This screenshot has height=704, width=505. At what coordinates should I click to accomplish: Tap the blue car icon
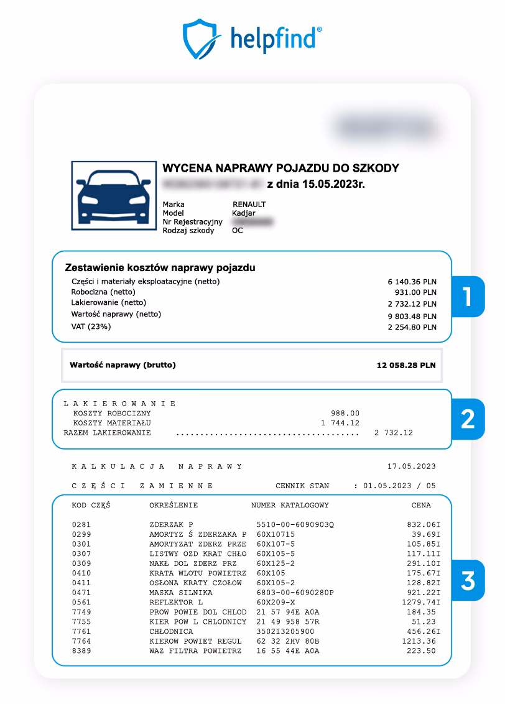click(x=113, y=195)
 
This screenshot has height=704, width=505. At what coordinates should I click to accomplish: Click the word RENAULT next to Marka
click(x=249, y=205)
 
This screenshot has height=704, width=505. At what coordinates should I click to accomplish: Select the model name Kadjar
click(x=244, y=213)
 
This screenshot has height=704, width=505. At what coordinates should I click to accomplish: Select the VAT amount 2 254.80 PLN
click(x=412, y=327)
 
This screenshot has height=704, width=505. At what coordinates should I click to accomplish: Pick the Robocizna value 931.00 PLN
click(x=415, y=292)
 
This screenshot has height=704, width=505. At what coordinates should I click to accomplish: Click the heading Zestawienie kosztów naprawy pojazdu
click(x=160, y=268)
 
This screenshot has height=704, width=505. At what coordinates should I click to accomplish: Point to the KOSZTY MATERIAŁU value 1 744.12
click(x=340, y=423)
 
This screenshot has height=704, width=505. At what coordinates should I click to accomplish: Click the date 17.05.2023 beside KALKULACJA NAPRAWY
click(x=411, y=466)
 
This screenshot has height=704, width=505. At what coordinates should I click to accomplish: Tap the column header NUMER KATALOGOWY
click(x=290, y=505)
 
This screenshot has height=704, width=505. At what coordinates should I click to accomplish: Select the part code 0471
click(x=81, y=593)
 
